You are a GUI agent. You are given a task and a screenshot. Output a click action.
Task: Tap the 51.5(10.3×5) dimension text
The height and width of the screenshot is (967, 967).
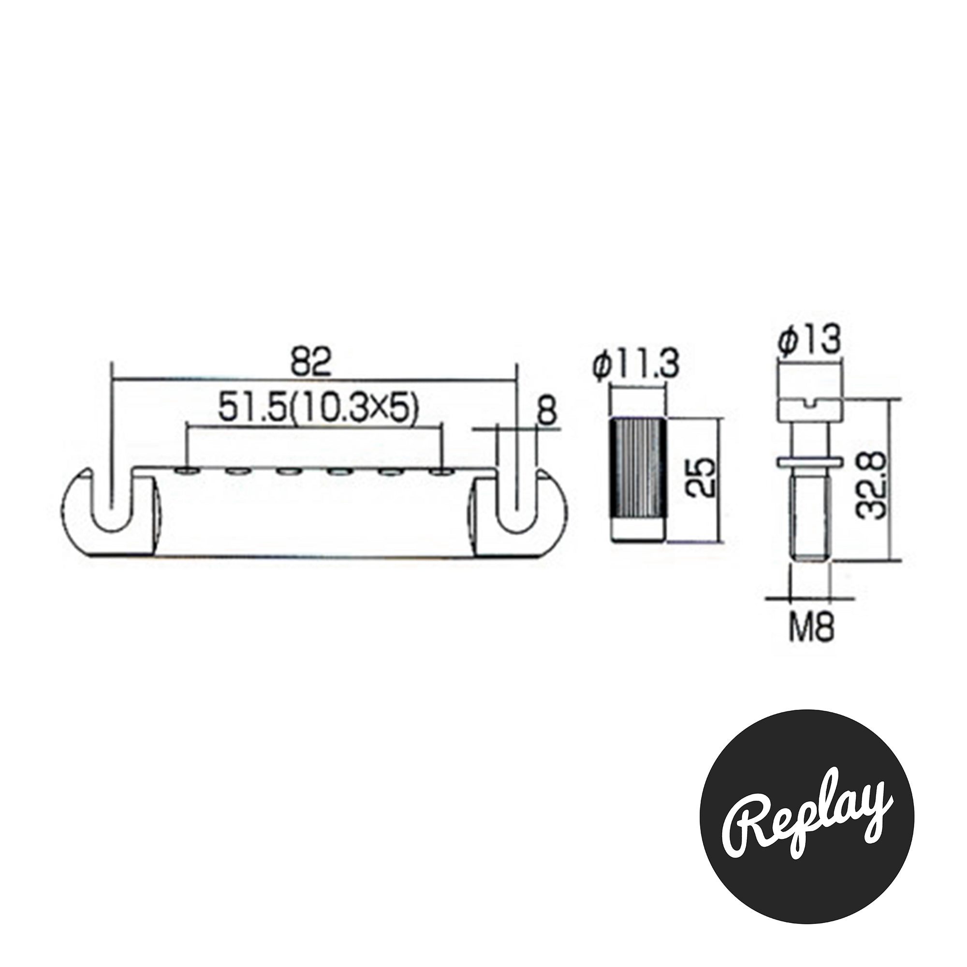(x=318, y=409)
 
